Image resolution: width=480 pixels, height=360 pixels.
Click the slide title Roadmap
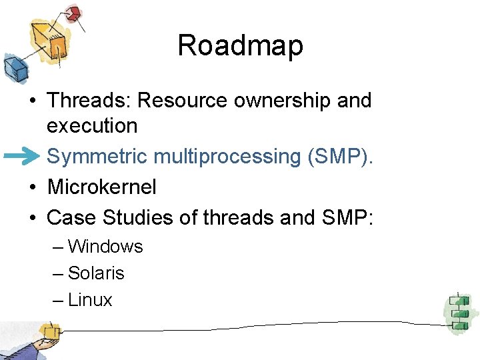[x=240, y=46]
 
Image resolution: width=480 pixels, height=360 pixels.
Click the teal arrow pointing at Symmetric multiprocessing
[x=23, y=157]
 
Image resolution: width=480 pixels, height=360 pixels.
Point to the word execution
[x=92, y=125]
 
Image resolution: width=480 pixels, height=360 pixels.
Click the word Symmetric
[x=97, y=157]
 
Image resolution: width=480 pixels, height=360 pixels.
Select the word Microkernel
[x=102, y=187]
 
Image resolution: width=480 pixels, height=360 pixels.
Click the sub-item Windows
[x=105, y=247]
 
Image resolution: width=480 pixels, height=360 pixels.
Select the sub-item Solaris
[x=96, y=273]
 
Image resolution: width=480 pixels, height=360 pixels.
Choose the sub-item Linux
[x=90, y=300]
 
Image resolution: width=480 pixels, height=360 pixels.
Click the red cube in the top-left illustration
[x=73, y=13]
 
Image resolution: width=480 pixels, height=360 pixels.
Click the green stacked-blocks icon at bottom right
[x=458, y=312]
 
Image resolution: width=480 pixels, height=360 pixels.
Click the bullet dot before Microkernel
[x=32, y=188]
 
